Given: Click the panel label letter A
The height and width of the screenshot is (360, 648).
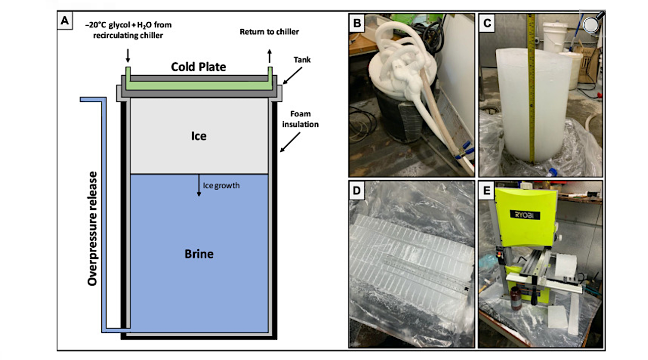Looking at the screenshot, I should (65, 21).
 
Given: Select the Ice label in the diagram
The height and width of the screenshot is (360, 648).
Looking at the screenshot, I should (199, 137).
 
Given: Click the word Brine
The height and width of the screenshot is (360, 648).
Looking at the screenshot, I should (199, 253).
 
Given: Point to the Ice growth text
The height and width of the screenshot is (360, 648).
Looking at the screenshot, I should (221, 186).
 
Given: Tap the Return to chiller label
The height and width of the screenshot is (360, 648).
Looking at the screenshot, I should (269, 32).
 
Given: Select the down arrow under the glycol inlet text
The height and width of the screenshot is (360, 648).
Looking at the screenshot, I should (127, 55).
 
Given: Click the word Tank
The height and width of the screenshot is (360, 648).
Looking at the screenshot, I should (303, 60).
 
